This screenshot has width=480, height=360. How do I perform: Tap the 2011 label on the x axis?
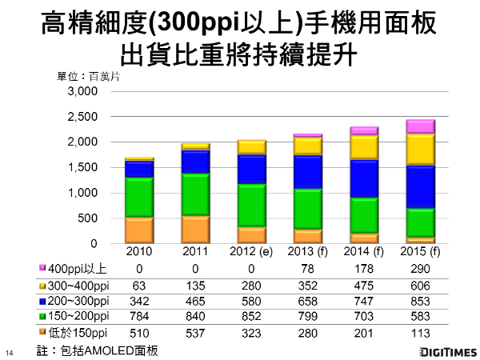point(196,254)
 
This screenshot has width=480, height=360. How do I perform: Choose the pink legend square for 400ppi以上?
point(42,267)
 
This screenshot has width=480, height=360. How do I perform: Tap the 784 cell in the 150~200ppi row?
point(139,316)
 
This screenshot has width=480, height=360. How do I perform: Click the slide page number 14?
point(10,353)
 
